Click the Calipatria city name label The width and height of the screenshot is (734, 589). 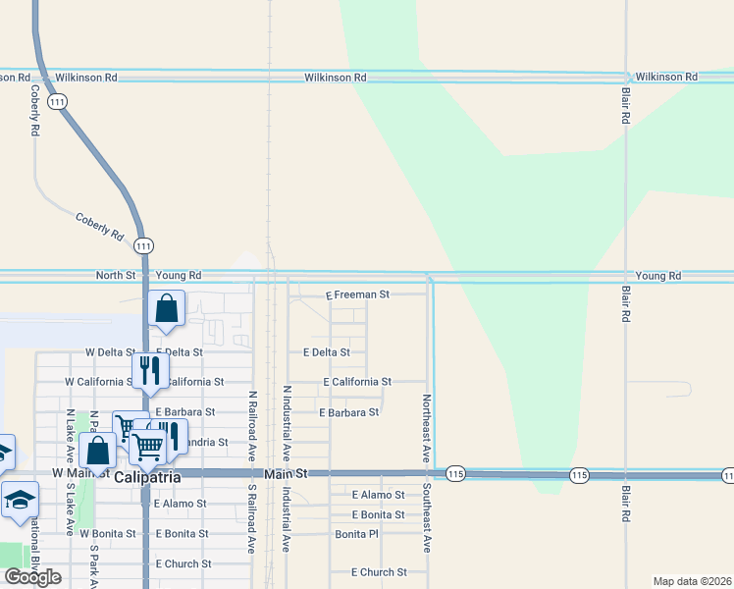[147, 477]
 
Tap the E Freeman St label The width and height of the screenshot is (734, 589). [357, 294]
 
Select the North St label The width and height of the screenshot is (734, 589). [115, 276]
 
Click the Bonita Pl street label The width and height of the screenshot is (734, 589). [356, 534]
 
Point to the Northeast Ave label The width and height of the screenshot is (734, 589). [426, 429]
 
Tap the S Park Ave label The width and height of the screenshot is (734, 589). [95, 566]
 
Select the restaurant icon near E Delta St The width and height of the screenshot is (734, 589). [149, 369]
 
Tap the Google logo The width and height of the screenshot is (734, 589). [32, 577]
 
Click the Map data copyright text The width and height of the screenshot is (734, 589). [691, 581]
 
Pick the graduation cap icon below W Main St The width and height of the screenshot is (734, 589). [20, 500]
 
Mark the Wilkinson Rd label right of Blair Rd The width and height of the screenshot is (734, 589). [665, 77]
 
